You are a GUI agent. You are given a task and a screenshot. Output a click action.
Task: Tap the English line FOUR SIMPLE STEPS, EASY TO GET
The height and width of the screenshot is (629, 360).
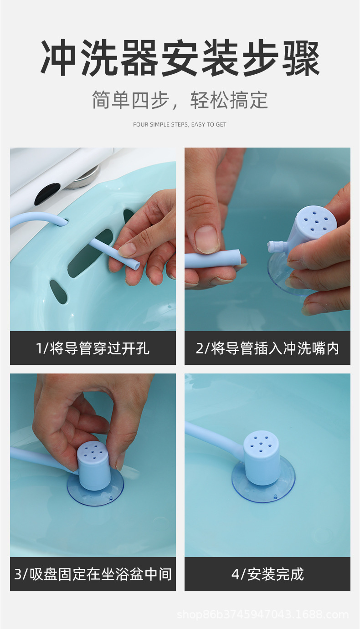click(180, 124)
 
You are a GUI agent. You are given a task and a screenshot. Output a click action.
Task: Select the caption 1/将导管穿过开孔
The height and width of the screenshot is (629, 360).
click(93, 348)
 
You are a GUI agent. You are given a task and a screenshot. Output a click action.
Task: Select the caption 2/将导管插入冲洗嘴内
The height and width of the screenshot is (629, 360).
click(267, 348)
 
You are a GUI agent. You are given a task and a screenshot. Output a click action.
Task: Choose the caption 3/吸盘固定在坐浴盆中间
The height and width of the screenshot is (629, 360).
click(93, 574)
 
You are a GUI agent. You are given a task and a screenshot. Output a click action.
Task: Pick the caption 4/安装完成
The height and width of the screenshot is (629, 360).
click(267, 574)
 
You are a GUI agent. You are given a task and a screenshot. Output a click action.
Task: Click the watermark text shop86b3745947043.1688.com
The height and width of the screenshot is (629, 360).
click(262, 615)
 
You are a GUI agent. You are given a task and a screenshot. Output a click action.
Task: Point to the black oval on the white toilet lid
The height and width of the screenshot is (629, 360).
click(47, 193)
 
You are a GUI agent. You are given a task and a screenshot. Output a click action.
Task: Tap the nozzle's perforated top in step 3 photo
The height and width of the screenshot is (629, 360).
click(92, 450)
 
